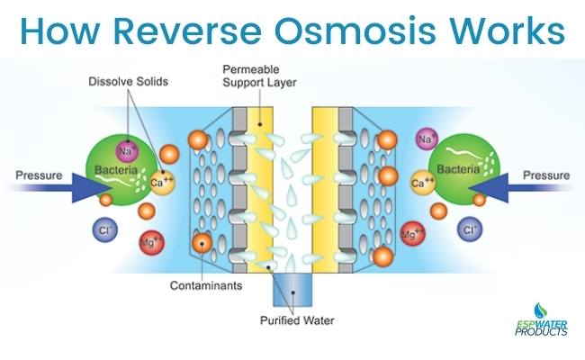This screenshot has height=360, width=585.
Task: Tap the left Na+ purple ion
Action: [x=124, y=148]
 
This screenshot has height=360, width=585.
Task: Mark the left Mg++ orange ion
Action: [x=150, y=241]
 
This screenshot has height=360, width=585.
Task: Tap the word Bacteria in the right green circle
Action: [x=459, y=170]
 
